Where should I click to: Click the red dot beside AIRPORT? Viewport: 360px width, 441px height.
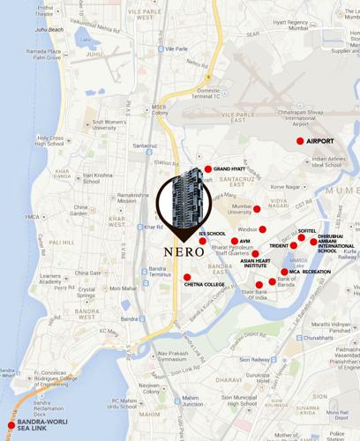tap(300, 141)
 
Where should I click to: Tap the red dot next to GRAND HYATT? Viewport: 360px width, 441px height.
tap(208, 168)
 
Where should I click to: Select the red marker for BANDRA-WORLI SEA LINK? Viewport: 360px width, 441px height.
tap(11, 426)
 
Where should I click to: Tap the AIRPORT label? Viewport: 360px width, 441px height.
tap(321, 141)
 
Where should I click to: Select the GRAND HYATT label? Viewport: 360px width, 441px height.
tap(229, 168)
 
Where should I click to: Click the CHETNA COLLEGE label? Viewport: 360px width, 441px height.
tap(205, 285)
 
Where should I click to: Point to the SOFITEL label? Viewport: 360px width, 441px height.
tap(307, 230)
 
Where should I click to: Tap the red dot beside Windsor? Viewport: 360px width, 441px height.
tap(262, 229)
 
